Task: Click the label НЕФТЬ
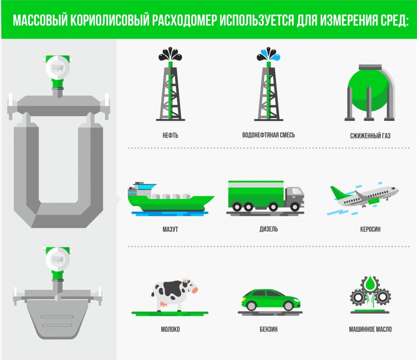170,135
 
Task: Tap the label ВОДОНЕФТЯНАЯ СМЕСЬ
268,135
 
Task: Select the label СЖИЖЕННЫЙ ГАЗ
370,136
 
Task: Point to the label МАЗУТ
170,229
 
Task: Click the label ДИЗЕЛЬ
269,229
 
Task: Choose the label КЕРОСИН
370,229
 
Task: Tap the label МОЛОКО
170,329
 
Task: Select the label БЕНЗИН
269,329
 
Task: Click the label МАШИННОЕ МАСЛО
370,329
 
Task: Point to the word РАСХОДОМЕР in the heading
184,20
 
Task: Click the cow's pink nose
195,290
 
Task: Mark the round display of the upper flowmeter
58,68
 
